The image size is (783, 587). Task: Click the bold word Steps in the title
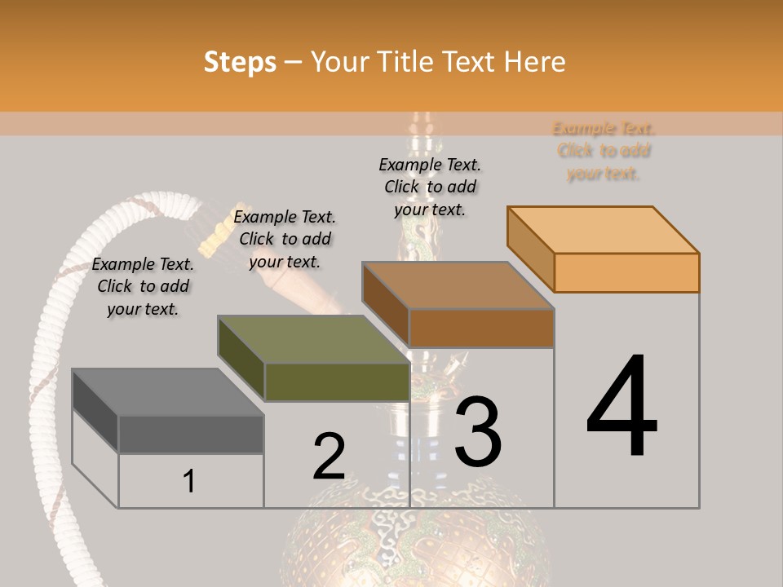coord(240,62)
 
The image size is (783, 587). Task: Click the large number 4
coord(622,408)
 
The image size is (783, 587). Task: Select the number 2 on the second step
coord(329,456)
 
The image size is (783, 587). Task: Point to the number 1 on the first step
coord(189,481)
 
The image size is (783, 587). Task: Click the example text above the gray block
coord(143,286)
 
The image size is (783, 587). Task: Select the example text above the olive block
coord(285,239)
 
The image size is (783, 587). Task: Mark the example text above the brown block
coord(430,187)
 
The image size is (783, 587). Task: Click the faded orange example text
coord(604,151)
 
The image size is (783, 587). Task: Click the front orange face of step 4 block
coord(626,272)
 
